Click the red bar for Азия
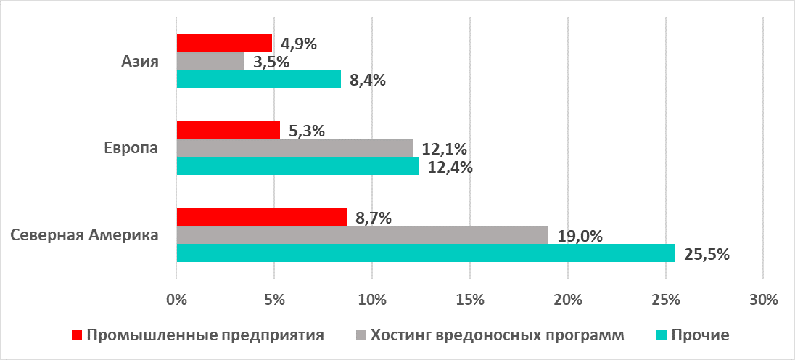click(x=224, y=44)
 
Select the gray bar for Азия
click(x=210, y=62)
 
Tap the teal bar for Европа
click(x=298, y=166)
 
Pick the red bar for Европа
click(x=228, y=131)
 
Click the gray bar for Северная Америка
click(x=362, y=235)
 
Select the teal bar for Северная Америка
click(x=426, y=253)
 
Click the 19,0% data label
click(x=580, y=235)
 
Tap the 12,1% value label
click(x=444, y=150)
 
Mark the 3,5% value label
click(x=271, y=62)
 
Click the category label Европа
click(x=131, y=148)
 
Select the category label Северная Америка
click(x=84, y=235)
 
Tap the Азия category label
click(x=139, y=62)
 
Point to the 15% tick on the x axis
click(x=469, y=299)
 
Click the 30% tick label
click(x=763, y=299)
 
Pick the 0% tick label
click(x=176, y=299)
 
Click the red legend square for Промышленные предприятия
click(x=77, y=335)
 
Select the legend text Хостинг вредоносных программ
click(x=497, y=335)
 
